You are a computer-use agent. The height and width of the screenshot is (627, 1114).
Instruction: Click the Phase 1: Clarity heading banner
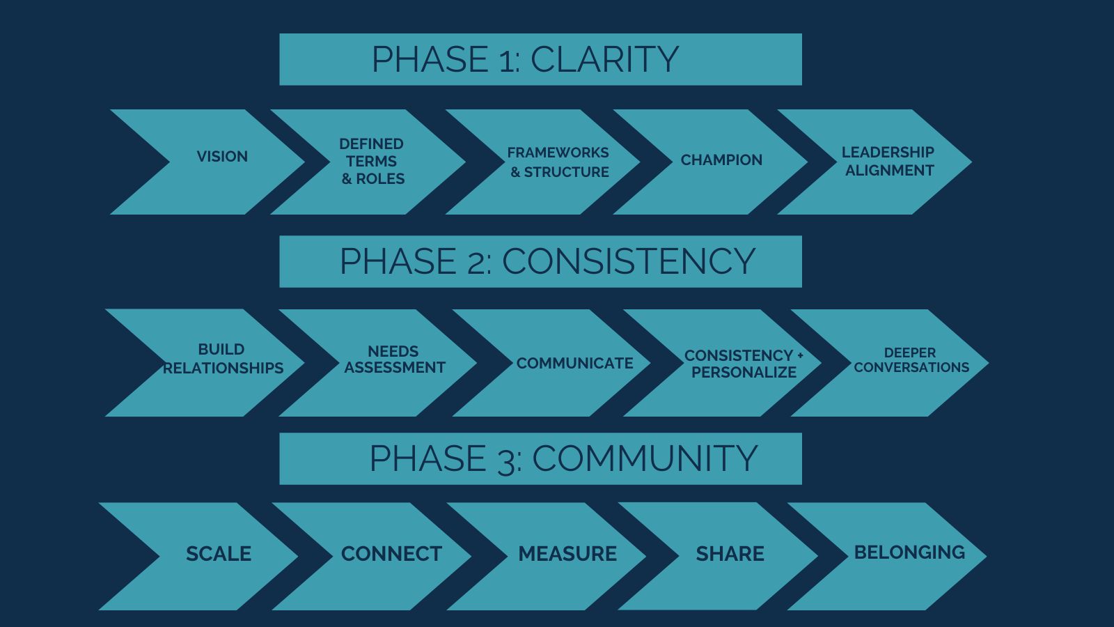click(540, 59)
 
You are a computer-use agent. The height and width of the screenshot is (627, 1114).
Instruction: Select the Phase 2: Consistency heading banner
click(540, 261)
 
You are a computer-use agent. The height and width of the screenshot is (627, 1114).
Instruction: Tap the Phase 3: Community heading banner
click(540, 458)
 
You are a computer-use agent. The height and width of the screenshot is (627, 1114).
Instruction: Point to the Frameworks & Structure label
click(558, 162)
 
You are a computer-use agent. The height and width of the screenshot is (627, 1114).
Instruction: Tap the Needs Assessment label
click(394, 359)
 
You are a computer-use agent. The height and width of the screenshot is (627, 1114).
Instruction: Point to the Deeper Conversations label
click(911, 359)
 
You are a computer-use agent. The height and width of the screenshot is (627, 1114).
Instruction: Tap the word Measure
click(567, 554)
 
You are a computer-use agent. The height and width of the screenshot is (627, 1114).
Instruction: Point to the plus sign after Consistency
click(800, 355)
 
